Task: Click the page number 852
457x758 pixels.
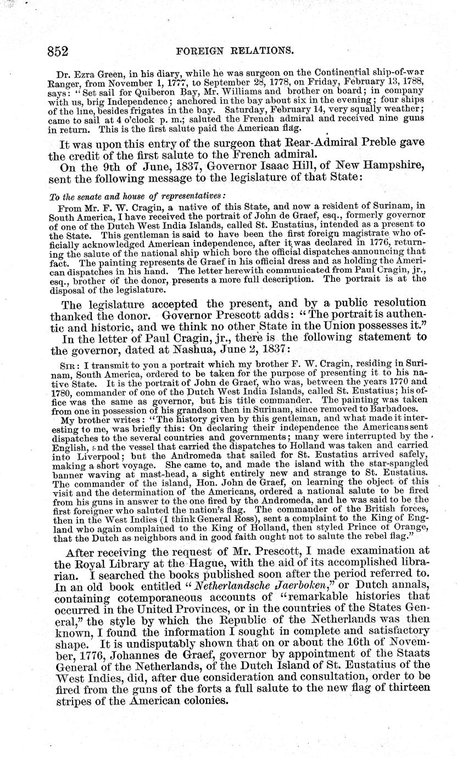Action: coord(57,51)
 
